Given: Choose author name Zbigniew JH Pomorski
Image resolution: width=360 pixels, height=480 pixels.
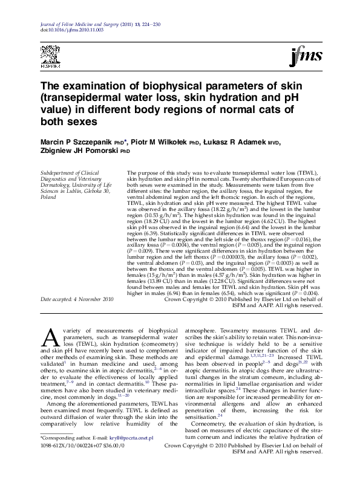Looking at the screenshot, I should (80, 151).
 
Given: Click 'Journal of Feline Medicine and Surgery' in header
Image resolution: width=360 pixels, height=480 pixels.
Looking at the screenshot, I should (73, 23).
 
